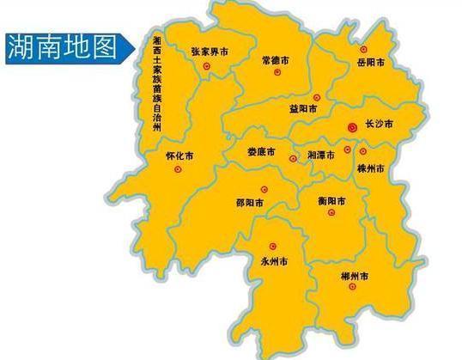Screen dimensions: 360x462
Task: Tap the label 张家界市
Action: [210, 52]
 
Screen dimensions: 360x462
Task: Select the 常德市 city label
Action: [277, 61]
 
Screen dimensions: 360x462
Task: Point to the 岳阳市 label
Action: [370, 64]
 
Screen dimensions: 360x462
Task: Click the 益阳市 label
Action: [303, 109]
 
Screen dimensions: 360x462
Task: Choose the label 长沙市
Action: [379, 125]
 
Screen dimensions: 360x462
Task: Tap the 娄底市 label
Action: [261, 152]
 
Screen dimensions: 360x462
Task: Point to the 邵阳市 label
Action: [249, 203]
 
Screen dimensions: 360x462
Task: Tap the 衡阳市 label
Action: [331, 202]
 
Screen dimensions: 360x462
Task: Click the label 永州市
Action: [275, 259]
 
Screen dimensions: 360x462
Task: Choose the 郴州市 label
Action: [353, 276]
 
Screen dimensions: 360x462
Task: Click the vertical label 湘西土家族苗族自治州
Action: [156, 84]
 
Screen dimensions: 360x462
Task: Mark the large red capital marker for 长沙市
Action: [351, 127]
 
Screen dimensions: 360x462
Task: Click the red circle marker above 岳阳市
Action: [363, 51]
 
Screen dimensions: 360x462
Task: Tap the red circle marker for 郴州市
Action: [350, 289]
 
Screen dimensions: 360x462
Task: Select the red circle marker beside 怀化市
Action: [178, 170]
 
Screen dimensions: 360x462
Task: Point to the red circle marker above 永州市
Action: [273, 245]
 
